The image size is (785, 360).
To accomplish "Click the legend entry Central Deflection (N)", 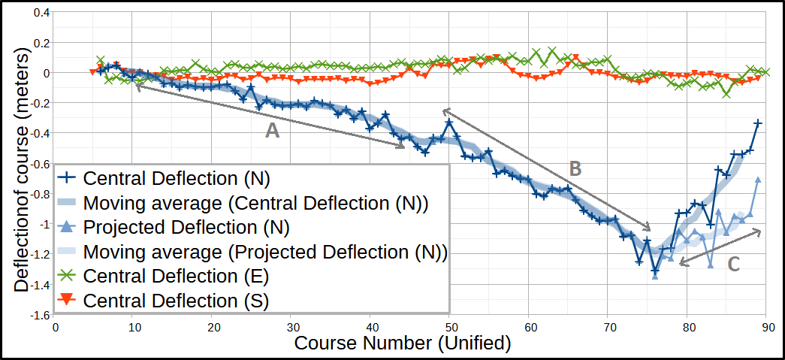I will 177,179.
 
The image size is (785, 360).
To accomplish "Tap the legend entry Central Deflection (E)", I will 177,276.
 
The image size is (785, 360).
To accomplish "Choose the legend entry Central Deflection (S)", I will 177,301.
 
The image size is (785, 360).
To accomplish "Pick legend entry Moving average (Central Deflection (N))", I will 255,203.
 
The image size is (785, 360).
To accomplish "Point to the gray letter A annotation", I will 272,132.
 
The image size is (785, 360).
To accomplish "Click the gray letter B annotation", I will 575,169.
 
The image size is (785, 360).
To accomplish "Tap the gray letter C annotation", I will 734,264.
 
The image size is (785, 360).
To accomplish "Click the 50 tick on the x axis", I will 449,328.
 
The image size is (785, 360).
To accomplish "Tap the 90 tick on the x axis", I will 766,328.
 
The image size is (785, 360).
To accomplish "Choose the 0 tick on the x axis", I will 54,328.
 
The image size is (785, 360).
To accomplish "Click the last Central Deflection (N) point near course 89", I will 758,123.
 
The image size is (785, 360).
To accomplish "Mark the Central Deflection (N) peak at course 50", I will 449,122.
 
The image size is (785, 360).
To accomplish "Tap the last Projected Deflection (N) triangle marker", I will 758,179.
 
